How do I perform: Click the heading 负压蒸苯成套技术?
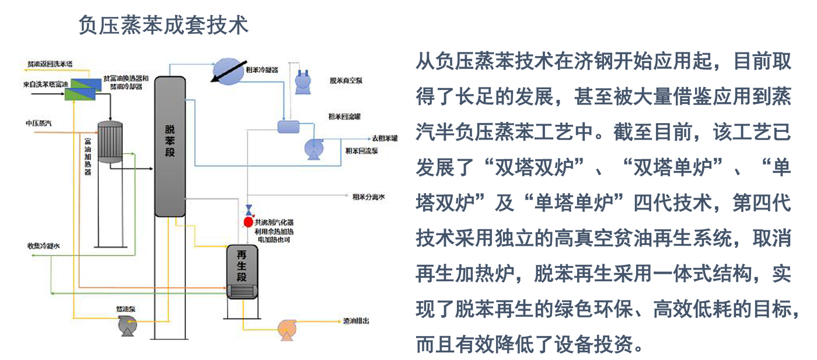click(x=163, y=25)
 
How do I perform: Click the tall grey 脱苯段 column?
click(x=170, y=146)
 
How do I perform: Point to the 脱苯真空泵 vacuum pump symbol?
click(x=303, y=81)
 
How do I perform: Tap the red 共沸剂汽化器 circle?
click(x=248, y=222)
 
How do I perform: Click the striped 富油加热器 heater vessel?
click(x=110, y=143)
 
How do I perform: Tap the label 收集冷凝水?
click(x=43, y=246)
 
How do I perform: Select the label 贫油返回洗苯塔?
click(x=50, y=62)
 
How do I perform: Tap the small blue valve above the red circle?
click(x=249, y=209)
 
